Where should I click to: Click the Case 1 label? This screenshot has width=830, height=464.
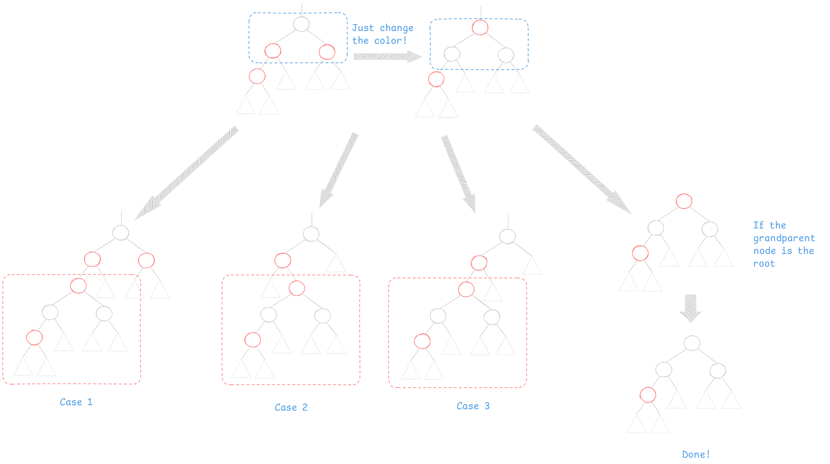pyautogui.click(x=76, y=402)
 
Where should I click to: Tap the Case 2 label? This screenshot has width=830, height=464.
pyautogui.click(x=291, y=407)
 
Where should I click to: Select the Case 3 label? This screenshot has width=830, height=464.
pyautogui.click(x=473, y=406)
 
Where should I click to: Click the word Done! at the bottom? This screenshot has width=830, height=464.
pyautogui.click(x=696, y=454)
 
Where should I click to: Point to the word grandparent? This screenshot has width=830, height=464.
pyautogui.click(x=784, y=238)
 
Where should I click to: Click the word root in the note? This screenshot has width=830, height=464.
pyautogui.click(x=764, y=264)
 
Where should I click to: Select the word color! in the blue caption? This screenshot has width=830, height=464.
pyautogui.click(x=391, y=41)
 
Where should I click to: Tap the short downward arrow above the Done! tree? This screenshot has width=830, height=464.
pyautogui.click(x=690, y=308)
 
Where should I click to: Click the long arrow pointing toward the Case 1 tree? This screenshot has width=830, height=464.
pyautogui.click(x=187, y=173)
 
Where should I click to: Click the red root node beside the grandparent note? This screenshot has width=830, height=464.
pyautogui.click(x=684, y=201)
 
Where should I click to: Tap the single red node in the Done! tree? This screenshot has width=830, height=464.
pyautogui.click(x=648, y=395)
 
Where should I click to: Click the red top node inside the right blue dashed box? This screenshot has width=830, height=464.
pyautogui.click(x=480, y=27)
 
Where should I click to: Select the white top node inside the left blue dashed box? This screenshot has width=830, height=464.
pyautogui.click(x=301, y=24)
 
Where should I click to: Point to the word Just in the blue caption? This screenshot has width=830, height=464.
pyautogui.click(x=363, y=28)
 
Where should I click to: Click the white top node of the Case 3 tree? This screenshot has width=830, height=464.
pyautogui.click(x=507, y=236)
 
